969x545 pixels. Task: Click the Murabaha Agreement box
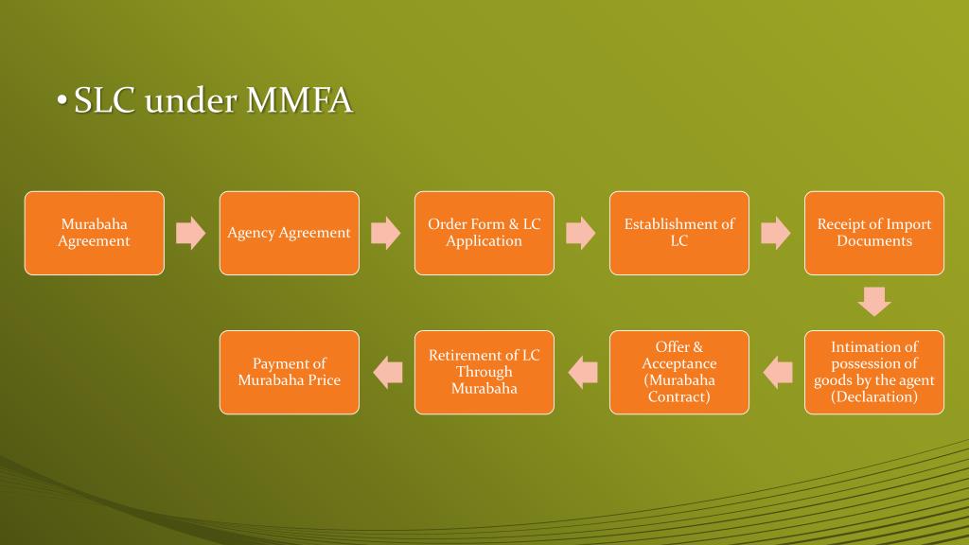94,233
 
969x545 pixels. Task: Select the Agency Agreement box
289,233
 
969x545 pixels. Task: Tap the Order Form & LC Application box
484,233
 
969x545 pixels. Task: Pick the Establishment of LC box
678,233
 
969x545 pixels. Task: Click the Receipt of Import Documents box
873,233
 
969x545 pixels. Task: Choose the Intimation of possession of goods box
873,372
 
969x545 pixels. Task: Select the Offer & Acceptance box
678,372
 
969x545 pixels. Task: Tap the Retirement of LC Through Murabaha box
484,372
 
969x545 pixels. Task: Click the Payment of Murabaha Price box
289,372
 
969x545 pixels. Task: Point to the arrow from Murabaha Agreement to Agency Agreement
191,233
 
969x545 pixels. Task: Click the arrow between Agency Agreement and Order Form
386,233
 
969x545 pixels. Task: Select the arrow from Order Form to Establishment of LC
581,233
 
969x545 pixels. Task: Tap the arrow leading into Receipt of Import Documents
776,233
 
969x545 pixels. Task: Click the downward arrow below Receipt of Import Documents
873,301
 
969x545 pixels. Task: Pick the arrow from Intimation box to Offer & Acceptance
777,372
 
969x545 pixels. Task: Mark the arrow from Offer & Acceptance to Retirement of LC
582,372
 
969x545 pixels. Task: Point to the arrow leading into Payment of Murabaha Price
387,372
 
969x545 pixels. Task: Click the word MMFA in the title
299,101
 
